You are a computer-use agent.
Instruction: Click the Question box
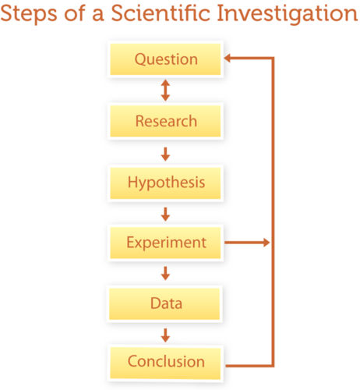pyautogui.click(x=165, y=59)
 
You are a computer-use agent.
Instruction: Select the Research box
pyautogui.click(x=165, y=121)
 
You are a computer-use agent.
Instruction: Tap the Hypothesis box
pyautogui.click(x=165, y=183)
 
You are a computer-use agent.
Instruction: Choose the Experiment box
pyautogui.click(x=165, y=243)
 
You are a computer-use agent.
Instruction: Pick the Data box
pyautogui.click(x=164, y=303)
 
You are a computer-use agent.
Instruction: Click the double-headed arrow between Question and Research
pyautogui.click(x=165, y=90)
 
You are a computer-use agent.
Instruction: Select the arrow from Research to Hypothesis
pyautogui.click(x=165, y=154)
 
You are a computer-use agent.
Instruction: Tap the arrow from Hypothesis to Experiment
pyautogui.click(x=165, y=214)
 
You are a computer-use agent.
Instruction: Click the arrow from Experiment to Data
pyautogui.click(x=165, y=273)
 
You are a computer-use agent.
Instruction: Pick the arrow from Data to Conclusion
pyautogui.click(x=165, y=335)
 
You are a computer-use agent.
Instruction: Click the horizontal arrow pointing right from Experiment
pyautogui.click(x=247, y=243)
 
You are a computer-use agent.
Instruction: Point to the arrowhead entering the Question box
pyautogui.click(x=227, y=58)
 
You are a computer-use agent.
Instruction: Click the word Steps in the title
pyautogui.click(x=29, y=13)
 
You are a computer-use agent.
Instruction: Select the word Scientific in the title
pyautogui.click(x=161, y=13)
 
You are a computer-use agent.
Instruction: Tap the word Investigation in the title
pyautogui.click(x=288, y=13)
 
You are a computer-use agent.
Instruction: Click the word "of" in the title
pyautogui.click(x=75, y=13)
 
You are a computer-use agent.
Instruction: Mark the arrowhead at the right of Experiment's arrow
pyautogui.click(x=266, y=243)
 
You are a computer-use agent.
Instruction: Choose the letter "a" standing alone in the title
pyautogui.click(x=98, y=16)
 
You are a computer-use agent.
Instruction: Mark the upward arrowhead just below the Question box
pyautogui.click(x=165, y=83)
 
